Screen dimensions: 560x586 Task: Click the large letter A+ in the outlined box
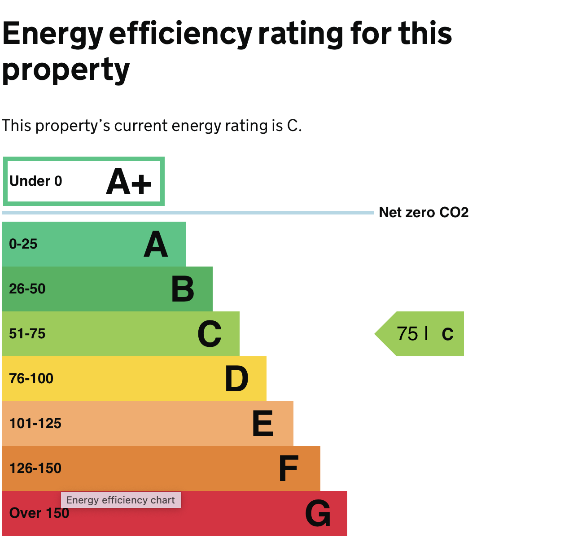tap(129, 182)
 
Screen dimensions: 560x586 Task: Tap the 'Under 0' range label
tap(36, 181)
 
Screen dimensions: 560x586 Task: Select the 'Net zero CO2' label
tap(424, 212)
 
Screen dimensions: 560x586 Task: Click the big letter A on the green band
tap(156, 245)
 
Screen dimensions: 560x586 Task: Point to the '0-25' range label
tap(23, 244)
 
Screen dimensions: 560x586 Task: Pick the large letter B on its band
tap(183, 289)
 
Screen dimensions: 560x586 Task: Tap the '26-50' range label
tap(27, 289)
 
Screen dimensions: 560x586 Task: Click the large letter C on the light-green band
tap(210, 334)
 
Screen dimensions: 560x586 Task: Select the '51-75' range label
tap(27, 334)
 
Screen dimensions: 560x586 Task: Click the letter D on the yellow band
tap(236, 379)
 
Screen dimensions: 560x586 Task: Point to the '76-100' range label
tap(31, 379)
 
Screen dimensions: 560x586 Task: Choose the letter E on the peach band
tap(263, 424)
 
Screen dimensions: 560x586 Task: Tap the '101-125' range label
tap(35, 424)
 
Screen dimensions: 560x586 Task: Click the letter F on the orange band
tap(289, 469)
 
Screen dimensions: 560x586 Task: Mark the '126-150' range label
tap(35, 468)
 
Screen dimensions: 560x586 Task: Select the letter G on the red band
tap(318, 514)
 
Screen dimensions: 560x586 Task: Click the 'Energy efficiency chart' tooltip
tap(121, 500)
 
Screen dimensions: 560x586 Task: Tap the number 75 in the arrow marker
tap(407, 334)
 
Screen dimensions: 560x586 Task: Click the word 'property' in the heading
tap(66, 70)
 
